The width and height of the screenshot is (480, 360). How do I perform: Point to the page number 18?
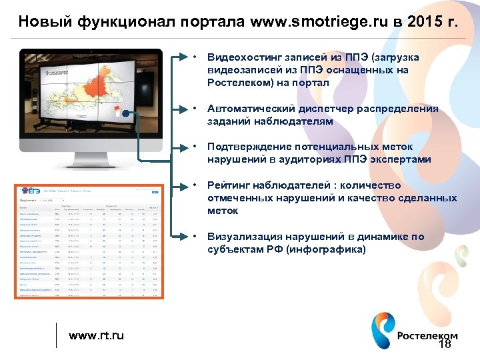pyautogui.click(x=445, y=344)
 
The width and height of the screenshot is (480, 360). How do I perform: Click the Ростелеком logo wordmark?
pyautogui.click(x=427, y=336)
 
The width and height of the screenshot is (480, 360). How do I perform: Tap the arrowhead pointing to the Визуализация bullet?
pyautogui.click(x=184, y=237)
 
